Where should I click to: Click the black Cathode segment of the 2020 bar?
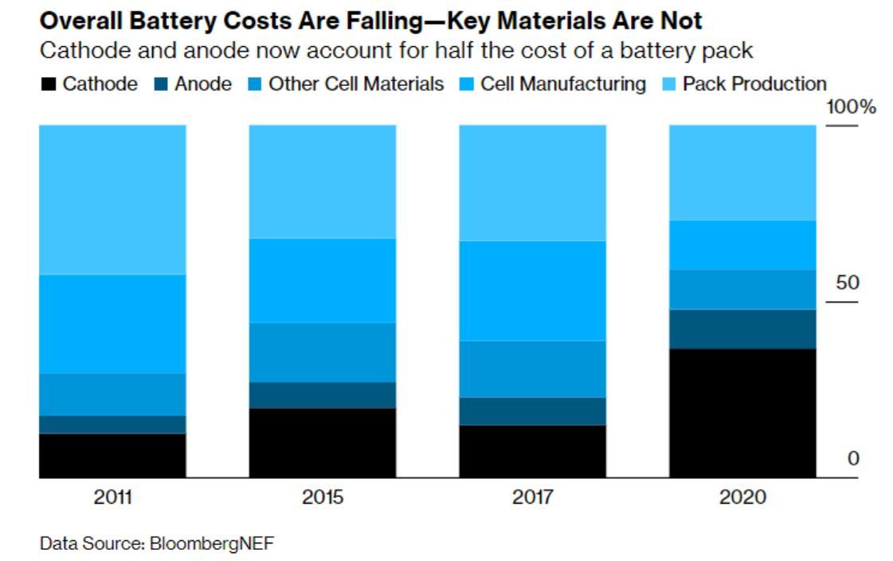pyautogui.click(x=742, y=413)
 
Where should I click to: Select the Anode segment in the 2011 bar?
pyautogui.click(x=112, y=424)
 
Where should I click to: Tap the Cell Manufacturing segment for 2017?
pyautogui.click(x=532, y=290)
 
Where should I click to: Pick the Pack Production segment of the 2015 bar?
pyautogui.click(x=322, y=181)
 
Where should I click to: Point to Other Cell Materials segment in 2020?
pyautogui.click(x=742, y=290)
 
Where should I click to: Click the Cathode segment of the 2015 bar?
pyautogui.click(x=322, y=442)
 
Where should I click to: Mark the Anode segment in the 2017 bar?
pyautogui.click(x=532, y=411)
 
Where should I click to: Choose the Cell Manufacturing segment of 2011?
pyautogui.click(x=112, y=324)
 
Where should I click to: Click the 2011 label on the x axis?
pyautogui.click(x=112, y=498)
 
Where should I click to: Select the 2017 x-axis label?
pyautogui.click(x=532, y=498)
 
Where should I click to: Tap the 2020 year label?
pyautogui.click(x=742, y=498)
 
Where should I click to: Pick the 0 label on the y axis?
pyautogui.click(x=852, y=459)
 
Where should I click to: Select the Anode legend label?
pyautogui.click(x=202, y=84)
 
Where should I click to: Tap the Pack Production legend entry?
pyautogui.click(x=754, y=84)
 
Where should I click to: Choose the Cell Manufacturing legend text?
pyautogui.click(x=562, y=84)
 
